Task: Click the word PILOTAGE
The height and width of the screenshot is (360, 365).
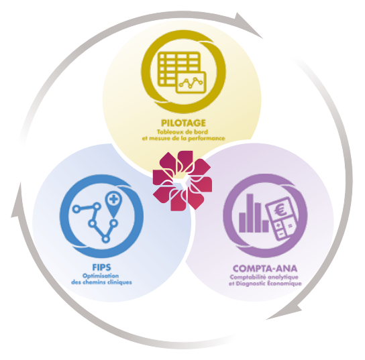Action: tap(183, 123)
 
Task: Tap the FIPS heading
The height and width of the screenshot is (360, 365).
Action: tap(102, 267)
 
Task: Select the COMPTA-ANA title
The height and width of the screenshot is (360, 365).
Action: tap(265, 269)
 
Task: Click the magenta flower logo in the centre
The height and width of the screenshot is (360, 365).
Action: tap(182, 181)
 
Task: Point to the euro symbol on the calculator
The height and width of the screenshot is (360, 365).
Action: tap(280, 211)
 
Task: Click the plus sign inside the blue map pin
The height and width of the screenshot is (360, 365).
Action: tap(113, 199)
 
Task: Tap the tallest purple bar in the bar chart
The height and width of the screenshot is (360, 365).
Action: tap(250, 213)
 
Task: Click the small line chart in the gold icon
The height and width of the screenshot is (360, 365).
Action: tap(191, 83)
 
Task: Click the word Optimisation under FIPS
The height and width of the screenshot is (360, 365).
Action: tap(101, 276)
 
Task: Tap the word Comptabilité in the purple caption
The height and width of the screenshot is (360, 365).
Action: tap(248, 278)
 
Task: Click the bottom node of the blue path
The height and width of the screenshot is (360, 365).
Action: tap(106, 239)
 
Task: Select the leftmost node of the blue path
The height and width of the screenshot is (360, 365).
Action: tap(76, 209)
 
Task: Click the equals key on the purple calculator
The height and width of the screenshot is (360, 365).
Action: tap(290, 225)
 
